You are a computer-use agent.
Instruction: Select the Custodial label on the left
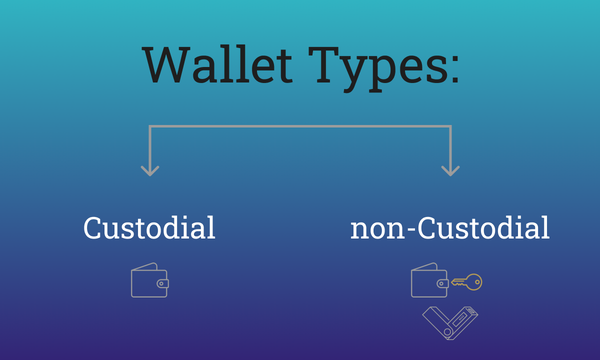point(149,228)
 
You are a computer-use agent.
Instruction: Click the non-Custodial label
point(450,228)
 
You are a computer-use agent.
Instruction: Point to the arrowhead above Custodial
point(150,170)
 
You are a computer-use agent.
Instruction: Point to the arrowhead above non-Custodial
point(450,170)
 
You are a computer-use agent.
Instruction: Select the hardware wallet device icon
point(450,322)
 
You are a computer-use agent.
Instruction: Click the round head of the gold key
point(475,282)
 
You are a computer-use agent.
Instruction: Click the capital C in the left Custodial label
point(93,228)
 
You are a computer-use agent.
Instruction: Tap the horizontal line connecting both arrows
point(300,127)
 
